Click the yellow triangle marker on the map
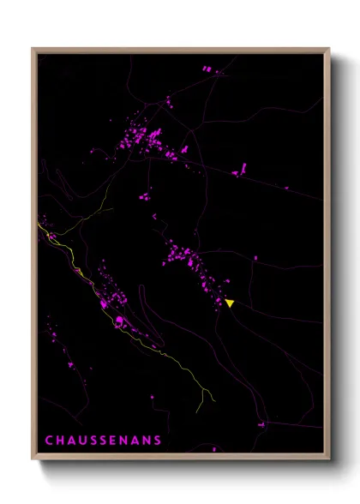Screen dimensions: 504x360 tap(230, 303)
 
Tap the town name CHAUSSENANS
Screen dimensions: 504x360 tap(103, 441)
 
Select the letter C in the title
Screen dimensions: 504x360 tap(48, 441)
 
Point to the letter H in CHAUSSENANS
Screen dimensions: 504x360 tap(59, 441)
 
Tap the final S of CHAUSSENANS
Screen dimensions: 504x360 tap(158, 441)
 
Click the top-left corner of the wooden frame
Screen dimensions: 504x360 tap(33, 49)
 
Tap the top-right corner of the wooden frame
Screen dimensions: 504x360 tap(329, 49)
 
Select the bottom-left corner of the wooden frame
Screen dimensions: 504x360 tap(33, 459)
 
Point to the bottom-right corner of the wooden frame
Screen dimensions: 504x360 tap(329, 459)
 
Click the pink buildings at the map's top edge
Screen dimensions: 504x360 tap(208, 68)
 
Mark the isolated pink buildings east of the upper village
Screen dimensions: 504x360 tap(240, 169)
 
